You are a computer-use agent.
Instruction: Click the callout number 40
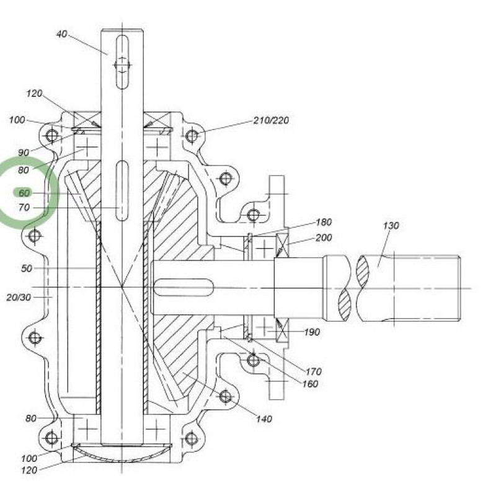(x=61, y=34)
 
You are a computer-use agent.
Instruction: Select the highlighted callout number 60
(x=24, y=193)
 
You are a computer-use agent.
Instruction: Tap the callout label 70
(x=24, y=208)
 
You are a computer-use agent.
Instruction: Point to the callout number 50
(x=27, y=268)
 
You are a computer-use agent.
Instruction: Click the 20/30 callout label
(x=19, y=298)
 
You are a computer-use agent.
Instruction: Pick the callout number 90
(x=24, y=153)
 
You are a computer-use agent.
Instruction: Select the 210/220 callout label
(x=271, y=120)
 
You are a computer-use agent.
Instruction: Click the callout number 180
(x=324, y=222)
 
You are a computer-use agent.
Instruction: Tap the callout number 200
(x=324, y=237)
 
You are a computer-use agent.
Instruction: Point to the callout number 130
(x=391, y=226)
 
